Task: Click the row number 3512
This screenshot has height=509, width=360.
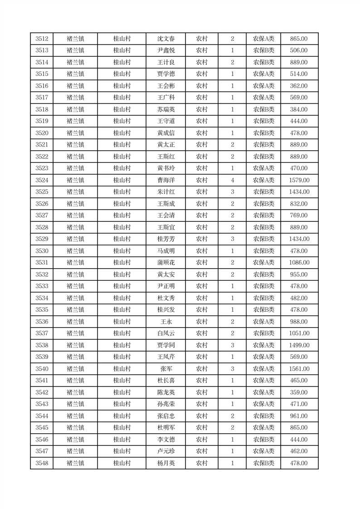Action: (x=42, y=39)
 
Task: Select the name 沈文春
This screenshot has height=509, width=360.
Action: (x=165, y=39)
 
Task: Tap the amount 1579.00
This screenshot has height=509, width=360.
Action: (x=299, y=180)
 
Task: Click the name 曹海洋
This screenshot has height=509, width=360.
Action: (x=165, y=180)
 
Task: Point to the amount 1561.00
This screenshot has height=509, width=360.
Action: (x=299, y=369)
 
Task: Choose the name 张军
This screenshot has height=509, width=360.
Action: (x=165, y=369)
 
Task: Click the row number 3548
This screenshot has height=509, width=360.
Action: (x=42, y=463)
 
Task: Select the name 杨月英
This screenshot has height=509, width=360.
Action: (x=165, y=463)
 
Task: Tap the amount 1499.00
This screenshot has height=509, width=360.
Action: (x=299, y=345)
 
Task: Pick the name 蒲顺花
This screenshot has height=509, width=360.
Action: (x=165, y=263)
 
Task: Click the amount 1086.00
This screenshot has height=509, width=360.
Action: (x=299, y=263)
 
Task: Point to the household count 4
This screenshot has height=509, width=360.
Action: (x=233, y=180)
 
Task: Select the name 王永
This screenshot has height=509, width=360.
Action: (x=165, y=322)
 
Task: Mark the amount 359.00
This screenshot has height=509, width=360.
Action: (x=299, y=392)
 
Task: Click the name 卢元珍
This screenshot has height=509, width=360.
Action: (x=165, y=451)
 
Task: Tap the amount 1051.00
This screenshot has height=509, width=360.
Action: (x=299, y=333)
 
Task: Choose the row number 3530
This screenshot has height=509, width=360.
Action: (x=42, y=251)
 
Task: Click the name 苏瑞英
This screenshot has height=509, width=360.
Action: (x=165, y=109)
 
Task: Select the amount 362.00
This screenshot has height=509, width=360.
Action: (x=299, y=86)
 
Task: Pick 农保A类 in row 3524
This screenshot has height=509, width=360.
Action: (x=263, y=180)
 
